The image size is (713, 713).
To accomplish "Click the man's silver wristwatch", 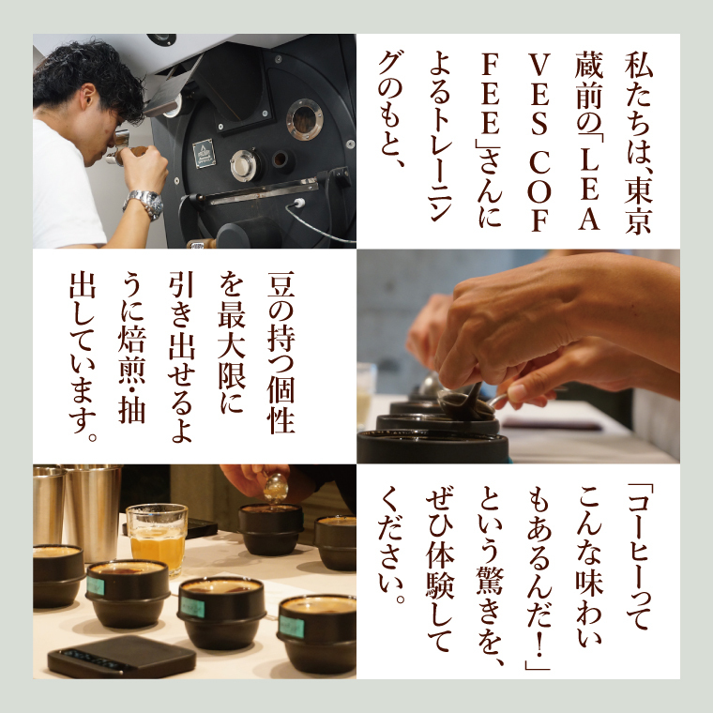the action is tap(144, 203).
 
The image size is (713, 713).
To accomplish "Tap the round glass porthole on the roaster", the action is tap(304, 119).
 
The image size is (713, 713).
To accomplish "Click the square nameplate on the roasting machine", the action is tap(204, 153).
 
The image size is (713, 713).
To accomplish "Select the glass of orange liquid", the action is tap(157, 538).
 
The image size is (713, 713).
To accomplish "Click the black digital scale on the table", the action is tap(122, 656).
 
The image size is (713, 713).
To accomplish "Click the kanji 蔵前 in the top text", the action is tap(588, 81).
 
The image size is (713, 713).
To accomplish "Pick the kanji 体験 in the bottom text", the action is tap(440, 575).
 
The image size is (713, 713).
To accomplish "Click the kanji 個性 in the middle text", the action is tap(281, 405).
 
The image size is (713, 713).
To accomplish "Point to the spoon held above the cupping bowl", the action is tap(276, 488).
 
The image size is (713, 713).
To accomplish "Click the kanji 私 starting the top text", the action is tap(639, 66).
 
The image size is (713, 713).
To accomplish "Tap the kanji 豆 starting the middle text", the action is tap(281, 286).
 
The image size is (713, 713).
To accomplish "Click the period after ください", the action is tap(401, 599).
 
